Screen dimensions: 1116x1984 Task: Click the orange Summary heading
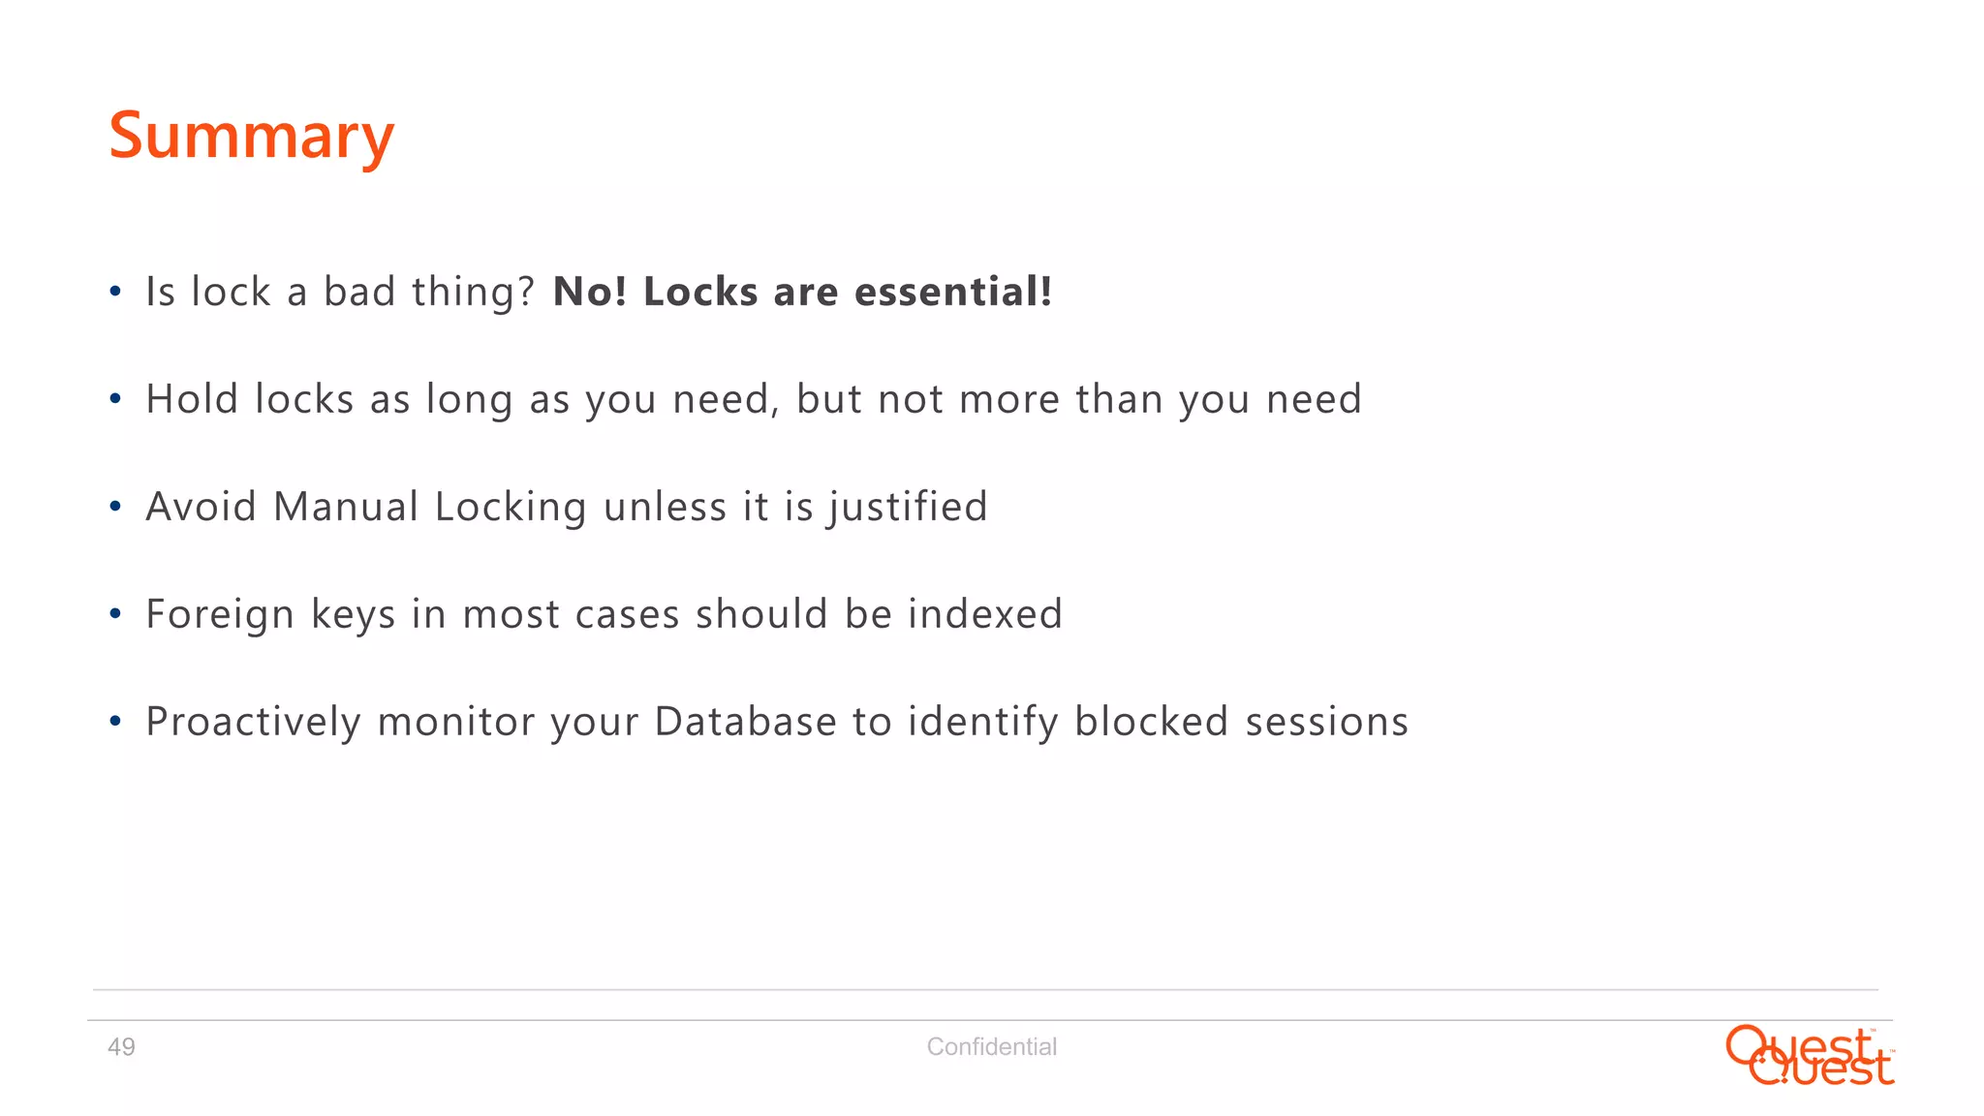point(252,137)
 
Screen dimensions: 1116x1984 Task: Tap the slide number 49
point(121,1047)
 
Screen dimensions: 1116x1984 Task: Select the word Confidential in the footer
point(991,1047)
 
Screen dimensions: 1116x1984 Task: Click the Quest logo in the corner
point(1810,1056)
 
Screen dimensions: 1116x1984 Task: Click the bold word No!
point(590,292)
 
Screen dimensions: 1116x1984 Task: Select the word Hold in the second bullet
point(192,399)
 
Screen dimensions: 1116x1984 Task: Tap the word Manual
point(346,507)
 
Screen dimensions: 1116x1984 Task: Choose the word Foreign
point(220,615)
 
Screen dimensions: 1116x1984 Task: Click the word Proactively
point(253,723)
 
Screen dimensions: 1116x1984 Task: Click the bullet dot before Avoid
point(115,507)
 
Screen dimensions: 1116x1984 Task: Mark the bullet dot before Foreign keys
point(115,614)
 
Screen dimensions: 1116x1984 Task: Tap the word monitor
point(456,722)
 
